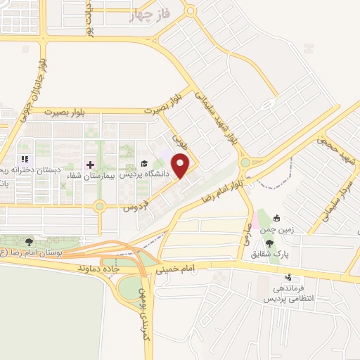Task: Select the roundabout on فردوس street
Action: [x=100, y=206]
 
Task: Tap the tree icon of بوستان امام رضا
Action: [x=29, y=242]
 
